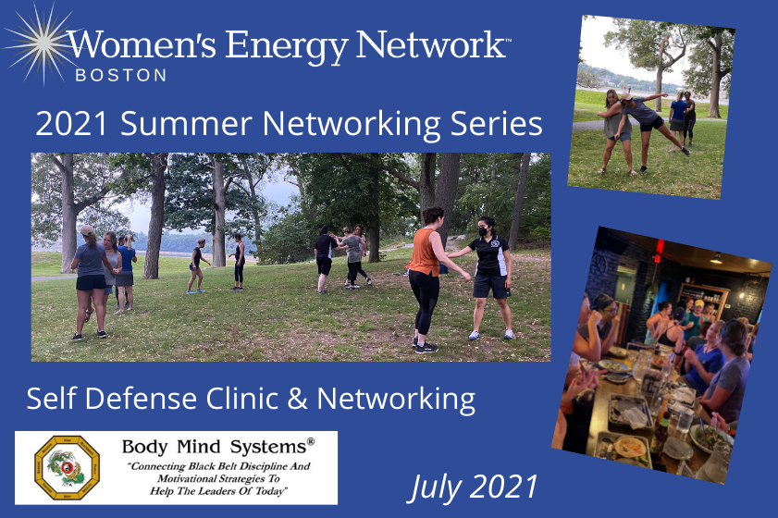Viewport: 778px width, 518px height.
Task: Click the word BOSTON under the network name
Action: pyautogui.click(x=116, y=74)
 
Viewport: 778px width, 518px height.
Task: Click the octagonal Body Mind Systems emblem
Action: pyautogui.click(x=68, y=467)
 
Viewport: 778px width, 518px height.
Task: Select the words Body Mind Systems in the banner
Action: pyautogui.click(x=217, y=446)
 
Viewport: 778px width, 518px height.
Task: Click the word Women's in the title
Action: pyautogui.click(x=132, y=43)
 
